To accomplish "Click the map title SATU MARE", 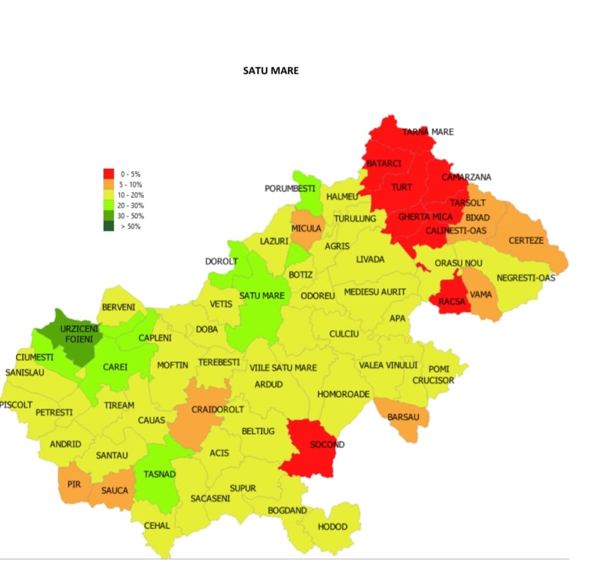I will (x=271, y=70).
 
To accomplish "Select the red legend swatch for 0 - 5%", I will (x=109, y=174).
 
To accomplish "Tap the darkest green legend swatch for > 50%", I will (x=109, y=226).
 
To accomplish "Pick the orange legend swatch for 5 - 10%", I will (x=109, y=184).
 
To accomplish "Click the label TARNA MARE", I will (x=428, y=132).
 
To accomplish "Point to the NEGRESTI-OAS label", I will (x=526, y=277).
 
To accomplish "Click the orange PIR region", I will (x=74, y=484).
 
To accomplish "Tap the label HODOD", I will (x=332, y=527).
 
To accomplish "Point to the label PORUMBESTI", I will (x=290, y=189).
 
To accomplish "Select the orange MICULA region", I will (x=306, y=228).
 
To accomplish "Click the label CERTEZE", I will (x=526, y=241).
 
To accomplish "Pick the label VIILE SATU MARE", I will (x=282, y=368).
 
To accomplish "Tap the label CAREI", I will (x=115, y=367).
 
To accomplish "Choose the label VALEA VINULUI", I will (x=388, y=365).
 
